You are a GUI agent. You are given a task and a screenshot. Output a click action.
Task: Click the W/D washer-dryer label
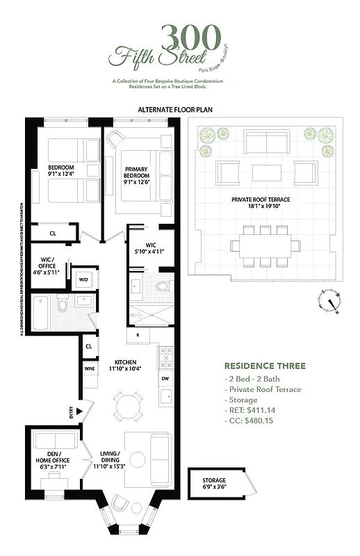83,280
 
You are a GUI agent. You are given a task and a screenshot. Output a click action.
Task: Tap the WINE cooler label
90,368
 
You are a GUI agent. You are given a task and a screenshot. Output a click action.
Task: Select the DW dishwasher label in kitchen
165,379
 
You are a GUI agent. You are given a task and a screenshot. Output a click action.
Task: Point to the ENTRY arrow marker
79,412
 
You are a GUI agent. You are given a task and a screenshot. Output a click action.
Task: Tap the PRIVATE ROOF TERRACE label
261,199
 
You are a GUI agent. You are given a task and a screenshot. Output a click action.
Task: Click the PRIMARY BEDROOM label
137,172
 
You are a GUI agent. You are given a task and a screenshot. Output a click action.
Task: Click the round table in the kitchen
129,404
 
